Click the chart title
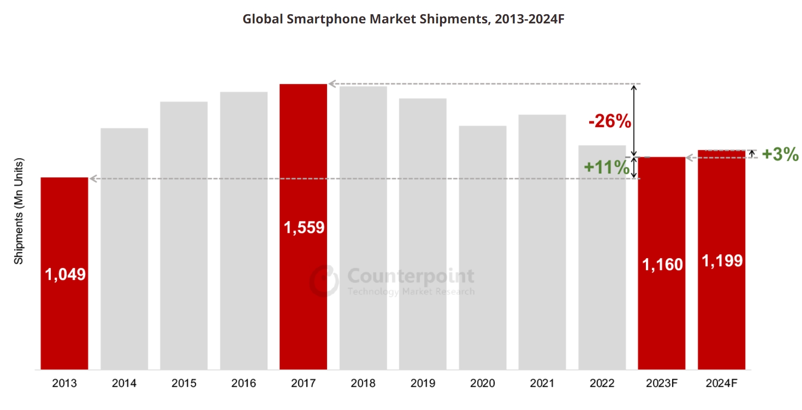403,19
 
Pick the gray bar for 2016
244,229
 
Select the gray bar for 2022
602,275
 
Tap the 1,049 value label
65,274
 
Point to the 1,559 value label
304,227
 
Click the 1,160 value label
663,265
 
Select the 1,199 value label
722,261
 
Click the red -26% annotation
610,121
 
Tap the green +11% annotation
607,167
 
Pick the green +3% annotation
780,154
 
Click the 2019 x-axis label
423,383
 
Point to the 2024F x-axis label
721,383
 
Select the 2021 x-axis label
542,383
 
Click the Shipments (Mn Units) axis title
18,211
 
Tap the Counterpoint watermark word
411,276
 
